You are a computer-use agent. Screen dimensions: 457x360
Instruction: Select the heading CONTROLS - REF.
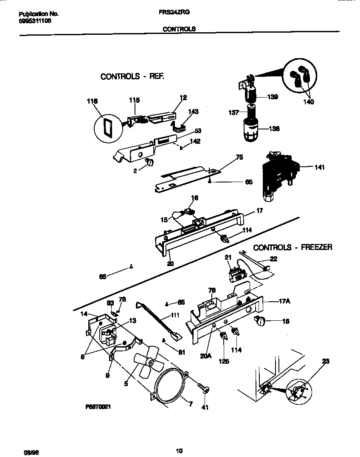pos(132,77)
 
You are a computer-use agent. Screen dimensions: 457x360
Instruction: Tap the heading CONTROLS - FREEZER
pos(292,247)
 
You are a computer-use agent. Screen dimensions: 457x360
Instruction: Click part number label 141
pos(320,167)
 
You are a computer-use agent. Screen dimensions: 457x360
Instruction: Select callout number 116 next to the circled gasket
pos(92,101)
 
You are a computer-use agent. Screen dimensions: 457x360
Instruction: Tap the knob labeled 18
pos(259,322)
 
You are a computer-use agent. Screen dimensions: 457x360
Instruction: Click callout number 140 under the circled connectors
pos(309,102)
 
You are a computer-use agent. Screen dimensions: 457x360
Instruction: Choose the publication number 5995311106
pos(35,20)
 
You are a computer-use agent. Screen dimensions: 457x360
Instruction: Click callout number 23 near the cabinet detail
pos(326,362)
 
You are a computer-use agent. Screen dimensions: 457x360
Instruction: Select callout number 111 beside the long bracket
pos(174,316)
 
